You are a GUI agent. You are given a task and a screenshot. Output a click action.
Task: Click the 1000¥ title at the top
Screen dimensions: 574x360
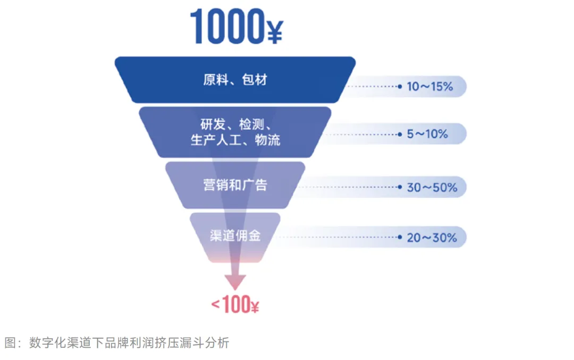pos(235,27)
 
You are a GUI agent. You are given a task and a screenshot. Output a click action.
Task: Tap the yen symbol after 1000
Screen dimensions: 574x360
pos(274,31)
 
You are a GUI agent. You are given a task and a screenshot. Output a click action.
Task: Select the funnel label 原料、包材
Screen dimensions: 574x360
pos(235,80)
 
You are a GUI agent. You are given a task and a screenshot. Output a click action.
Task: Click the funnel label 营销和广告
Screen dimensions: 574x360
pos(235,185)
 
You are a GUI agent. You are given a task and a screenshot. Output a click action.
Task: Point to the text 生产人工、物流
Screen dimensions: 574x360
pos(235,140)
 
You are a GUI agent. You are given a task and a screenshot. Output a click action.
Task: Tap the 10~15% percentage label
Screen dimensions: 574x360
pos(429,86)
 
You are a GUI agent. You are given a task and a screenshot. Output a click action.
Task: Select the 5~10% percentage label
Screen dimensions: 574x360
pos(427,134)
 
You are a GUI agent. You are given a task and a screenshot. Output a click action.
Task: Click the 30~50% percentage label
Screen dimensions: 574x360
pos(432,187)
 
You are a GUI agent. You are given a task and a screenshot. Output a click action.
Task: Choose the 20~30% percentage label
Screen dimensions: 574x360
pos(432,237)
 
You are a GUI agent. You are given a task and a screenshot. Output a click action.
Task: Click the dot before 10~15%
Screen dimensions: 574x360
pos(400,86)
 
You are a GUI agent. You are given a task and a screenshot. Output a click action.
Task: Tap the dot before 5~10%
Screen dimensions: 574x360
pos(400,134)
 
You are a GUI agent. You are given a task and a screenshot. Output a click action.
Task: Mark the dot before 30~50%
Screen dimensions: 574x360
pos(400,187)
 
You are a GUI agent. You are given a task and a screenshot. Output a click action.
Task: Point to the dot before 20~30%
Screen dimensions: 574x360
pos(400,237)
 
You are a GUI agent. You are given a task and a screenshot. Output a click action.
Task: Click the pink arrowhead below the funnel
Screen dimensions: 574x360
pos(235,282)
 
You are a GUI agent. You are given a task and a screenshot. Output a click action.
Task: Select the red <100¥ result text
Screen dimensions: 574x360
pos(235,305)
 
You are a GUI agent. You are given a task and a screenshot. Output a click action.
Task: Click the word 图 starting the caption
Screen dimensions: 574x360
pos(10,343)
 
